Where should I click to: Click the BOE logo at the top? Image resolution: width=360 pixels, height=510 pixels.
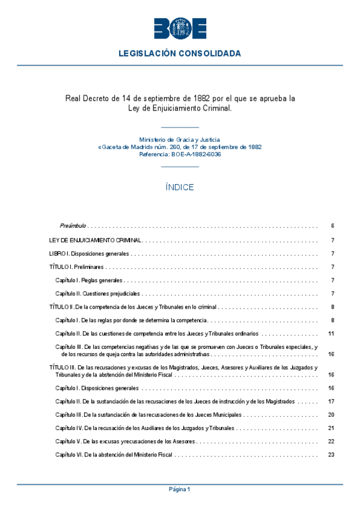tap(180, 28)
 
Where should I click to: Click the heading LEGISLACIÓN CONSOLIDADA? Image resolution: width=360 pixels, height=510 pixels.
tap(180, 54)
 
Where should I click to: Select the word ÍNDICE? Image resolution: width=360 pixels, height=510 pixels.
tap(180, 188)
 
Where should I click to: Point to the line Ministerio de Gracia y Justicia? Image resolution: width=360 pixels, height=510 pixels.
tap(180, 140)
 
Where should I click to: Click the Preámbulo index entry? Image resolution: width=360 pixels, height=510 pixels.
tap(73, 226)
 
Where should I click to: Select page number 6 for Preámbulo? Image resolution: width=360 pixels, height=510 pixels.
tap(332, 226)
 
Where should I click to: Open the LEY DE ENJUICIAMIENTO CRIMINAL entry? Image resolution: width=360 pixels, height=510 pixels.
tap(96, 240)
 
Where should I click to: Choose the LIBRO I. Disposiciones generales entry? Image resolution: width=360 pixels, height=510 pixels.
tap(90, 253)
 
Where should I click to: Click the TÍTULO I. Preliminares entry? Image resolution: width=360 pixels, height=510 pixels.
tap(76, 266)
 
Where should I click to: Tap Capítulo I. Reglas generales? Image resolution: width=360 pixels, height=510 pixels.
tap(89, 280)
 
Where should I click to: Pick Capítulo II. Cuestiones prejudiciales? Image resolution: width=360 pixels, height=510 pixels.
tap(97, 293)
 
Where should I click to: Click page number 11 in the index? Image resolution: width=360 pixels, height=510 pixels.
tap(331, 333)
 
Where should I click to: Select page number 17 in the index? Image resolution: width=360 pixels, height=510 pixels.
tap(331, 401)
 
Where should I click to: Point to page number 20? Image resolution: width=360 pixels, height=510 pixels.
tap(331, 415)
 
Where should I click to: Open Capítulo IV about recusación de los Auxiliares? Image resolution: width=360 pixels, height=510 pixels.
tap(145, 428)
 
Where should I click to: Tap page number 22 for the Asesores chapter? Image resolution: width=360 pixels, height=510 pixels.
tap(331, 441)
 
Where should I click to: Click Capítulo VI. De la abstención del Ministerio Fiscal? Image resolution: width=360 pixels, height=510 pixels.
tap(114, 455)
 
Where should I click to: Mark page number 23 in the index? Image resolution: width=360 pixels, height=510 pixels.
tap(331, 455)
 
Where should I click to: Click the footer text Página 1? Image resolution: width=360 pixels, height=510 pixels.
tap(180, 490)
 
